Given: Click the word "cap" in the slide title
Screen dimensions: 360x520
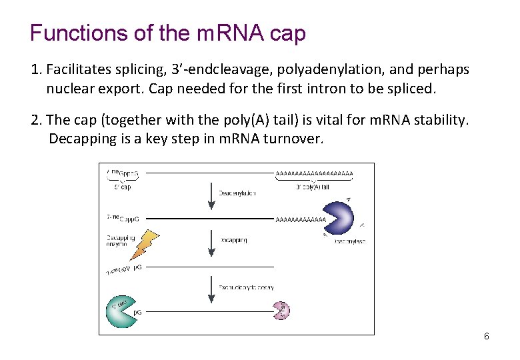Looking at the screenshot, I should tap(287, 34).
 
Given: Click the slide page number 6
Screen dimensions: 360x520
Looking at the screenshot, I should tap(487, 336).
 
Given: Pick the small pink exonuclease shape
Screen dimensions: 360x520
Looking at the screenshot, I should tap(281, 309).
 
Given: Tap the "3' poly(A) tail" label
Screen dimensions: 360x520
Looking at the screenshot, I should tap(313, 187).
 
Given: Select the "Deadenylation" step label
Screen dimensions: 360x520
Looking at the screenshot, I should tap(237, 193).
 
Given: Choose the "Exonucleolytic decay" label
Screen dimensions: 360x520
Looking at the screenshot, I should tap(246, 287).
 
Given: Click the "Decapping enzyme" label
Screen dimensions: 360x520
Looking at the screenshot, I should tap(120, 241).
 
